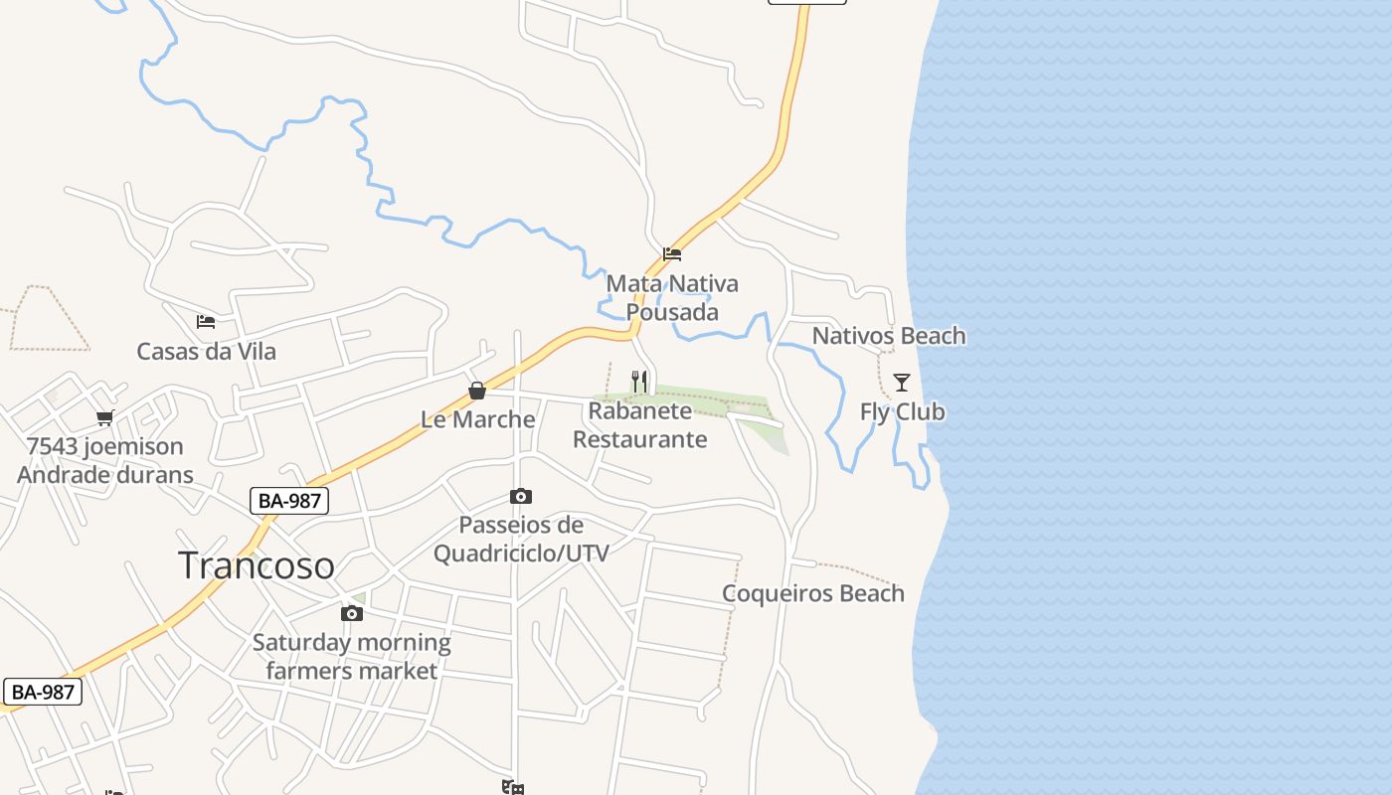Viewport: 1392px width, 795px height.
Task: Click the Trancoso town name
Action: pyautogui.click(x=257, y=565)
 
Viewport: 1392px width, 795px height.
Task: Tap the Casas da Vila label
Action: pyautogui.click(x=206, y=352)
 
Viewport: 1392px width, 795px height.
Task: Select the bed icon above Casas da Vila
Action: pyautogui.click(x=206, y=322)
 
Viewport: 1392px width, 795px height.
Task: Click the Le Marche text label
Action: pyautogui.click(x=477, y=419)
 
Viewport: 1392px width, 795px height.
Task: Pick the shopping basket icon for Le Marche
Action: pyautogui.click(x=477, y=391)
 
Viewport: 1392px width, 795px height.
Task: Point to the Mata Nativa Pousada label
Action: pyautogui.click(x=672, y=298)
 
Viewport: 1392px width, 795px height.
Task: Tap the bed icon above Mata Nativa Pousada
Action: pyautogui.click(x=672, y=254)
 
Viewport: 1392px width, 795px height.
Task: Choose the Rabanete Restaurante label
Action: pyautogui.click(x=640, y=425)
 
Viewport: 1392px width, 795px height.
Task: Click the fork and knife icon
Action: pyautogui.click(x=639, y=381)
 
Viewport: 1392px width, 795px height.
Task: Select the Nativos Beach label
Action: pyautogui.click(x=889, y=336)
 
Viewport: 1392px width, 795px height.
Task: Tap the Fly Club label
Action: pyautogui.click(x=902, y=411)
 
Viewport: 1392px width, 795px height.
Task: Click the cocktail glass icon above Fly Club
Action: pyautogui.click(x=902, y=383)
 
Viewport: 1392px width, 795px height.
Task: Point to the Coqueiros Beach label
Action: pyautogui.click(x=813, y=593)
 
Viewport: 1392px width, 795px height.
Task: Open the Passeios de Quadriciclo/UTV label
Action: pyautogui.click(x=521, y=539)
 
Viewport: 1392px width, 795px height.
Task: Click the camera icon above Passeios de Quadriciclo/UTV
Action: pyautogui.click(x=520, y=496)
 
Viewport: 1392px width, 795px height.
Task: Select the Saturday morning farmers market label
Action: pyautogui.click(x=351, y=657)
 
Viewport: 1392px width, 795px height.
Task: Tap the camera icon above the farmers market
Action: pyautogui.click(x=351, y=614)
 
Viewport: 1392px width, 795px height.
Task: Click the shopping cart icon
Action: pyautogui.click(x=105, y=417)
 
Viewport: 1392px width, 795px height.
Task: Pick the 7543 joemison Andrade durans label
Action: pyautogui.click(x=105, y=460)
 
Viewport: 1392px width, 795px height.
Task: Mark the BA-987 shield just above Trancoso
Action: pyautogui.click(x=289, y=501)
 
